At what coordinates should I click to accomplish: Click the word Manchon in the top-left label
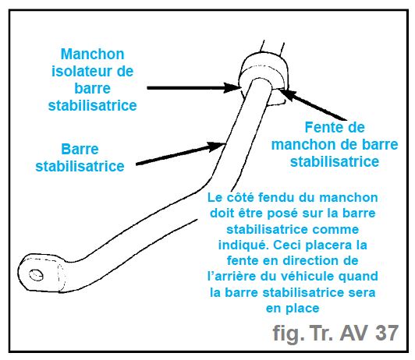point(92,55)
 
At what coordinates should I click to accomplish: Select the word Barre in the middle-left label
point(80,149)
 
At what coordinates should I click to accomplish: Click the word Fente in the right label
point(320,127)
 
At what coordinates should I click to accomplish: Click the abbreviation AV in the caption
point(353,333)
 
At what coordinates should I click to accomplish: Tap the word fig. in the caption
point(289,334)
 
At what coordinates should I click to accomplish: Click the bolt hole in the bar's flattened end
point(36,274)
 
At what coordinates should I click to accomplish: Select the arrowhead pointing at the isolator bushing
point(232,88)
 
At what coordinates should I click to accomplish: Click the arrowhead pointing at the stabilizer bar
point(216,146)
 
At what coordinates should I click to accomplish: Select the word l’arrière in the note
point(232,277)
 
